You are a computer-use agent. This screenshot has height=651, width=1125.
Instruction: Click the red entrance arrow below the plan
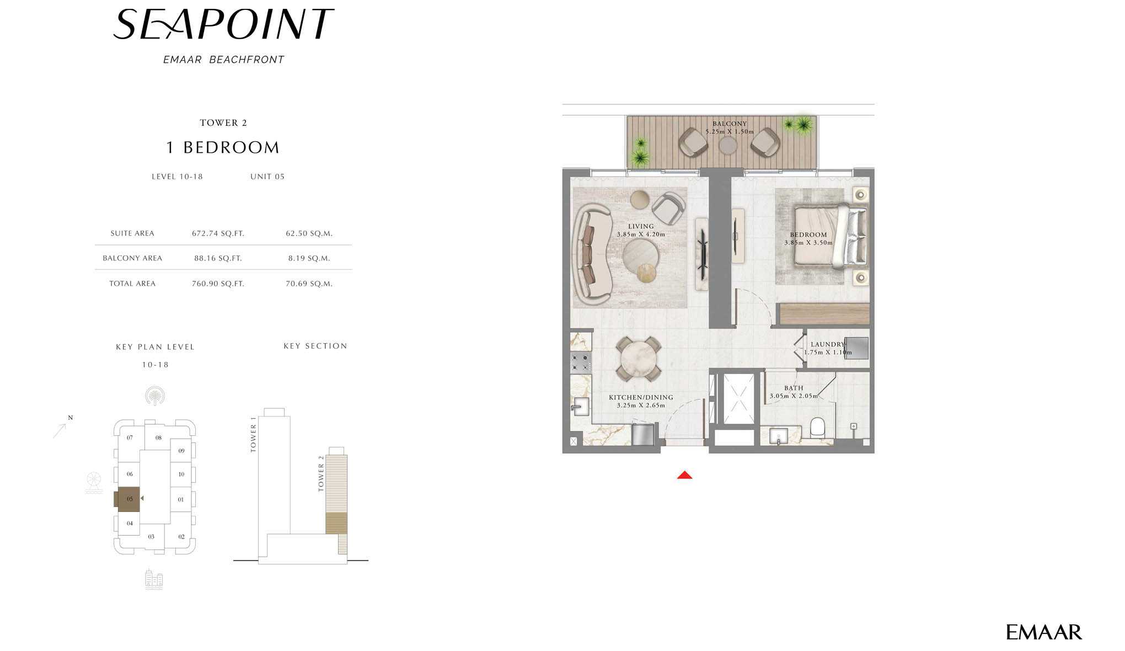pos(684,475)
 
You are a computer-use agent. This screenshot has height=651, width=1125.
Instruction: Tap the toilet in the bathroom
pos(817,428)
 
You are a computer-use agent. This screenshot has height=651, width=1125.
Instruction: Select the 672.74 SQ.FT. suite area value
pos(218,233)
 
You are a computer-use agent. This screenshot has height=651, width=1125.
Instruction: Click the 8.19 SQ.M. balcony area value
pos(309,258)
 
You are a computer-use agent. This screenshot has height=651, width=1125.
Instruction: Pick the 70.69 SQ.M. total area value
pos(309,284)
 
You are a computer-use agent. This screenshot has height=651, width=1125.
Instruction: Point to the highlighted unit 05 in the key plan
pos(128,499)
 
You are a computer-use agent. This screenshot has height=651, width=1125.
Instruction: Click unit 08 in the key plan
pos(158,437)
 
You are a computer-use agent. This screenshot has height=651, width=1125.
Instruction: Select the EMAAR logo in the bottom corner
pos(1044,632)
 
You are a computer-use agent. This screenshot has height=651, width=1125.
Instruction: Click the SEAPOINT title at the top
pos(223,24)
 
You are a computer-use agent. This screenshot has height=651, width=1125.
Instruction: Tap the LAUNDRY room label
pos(828,344)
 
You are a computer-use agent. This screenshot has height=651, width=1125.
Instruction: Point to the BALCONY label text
pos(729,124)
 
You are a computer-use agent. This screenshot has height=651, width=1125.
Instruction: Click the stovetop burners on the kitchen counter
pos(580,362)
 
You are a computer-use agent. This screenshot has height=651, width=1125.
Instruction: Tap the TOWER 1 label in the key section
pos(253,435)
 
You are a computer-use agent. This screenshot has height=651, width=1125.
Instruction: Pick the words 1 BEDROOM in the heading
pos(223,147)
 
